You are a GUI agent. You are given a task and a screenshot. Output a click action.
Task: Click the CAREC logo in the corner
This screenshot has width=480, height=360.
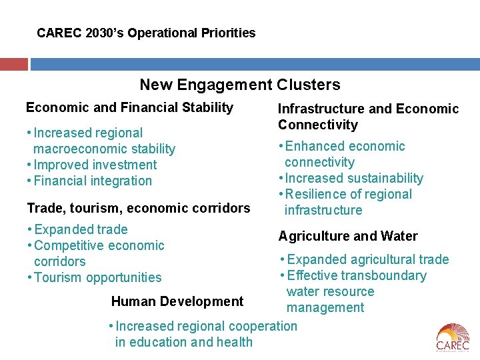coord(453,337)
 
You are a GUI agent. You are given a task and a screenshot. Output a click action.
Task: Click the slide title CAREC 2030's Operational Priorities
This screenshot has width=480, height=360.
coord(146,33)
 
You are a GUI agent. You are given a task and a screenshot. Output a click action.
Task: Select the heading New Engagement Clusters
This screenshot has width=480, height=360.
coord(239,85)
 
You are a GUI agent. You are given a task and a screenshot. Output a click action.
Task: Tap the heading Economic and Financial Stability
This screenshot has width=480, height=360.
coord(129,107)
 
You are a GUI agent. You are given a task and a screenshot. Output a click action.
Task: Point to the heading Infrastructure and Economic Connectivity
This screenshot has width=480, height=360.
coord(368,117)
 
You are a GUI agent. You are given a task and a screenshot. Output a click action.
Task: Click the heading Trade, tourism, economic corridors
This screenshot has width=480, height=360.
coord(138,208)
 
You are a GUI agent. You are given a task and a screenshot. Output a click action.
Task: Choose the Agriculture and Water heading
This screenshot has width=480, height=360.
coord(347,236)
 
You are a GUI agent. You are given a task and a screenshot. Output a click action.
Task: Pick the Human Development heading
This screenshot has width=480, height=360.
coord(177,301)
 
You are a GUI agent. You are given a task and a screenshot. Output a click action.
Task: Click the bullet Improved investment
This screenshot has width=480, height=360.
coord(95,165)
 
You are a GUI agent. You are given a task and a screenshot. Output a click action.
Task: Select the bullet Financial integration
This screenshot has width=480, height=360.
coord(93,181)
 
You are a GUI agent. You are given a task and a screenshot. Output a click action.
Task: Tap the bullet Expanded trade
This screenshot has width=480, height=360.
coord(80,229)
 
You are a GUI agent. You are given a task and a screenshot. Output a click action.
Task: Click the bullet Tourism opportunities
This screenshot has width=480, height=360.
coord(97,277)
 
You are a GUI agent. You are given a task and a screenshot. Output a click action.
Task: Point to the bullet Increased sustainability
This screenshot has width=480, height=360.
coord(354,178)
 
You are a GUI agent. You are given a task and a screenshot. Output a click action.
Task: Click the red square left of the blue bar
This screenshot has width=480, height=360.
coord(13,64)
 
